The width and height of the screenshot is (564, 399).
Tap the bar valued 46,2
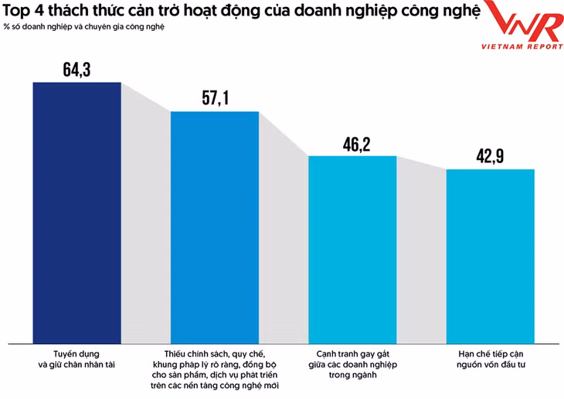(x=352, y=247)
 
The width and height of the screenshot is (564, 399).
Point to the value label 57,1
(x=215, y=99)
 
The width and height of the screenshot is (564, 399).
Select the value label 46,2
(x=352, y=144)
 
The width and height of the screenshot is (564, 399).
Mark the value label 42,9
(x=491, y=156)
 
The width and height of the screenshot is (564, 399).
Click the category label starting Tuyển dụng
(x=76, y=356)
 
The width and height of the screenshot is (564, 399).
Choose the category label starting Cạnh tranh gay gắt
(x=353, y=362)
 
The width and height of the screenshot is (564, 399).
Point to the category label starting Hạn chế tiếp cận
(x=491, y=356)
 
